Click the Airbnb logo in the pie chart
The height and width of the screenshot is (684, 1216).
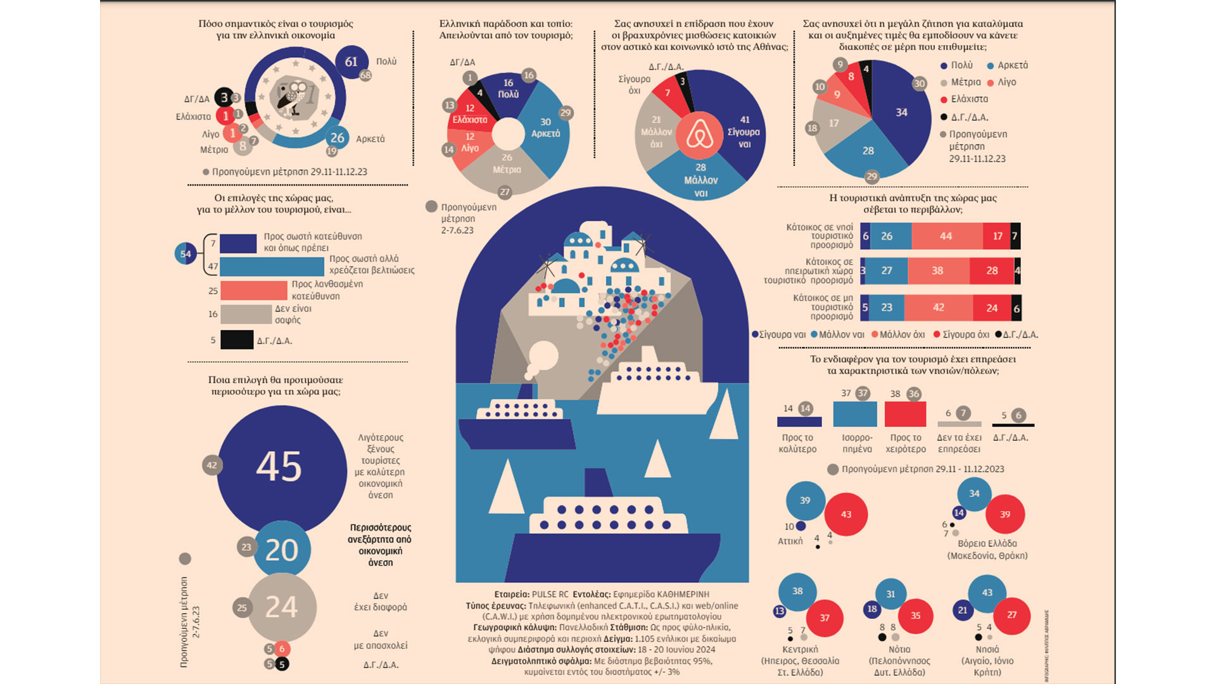tap(699, 135)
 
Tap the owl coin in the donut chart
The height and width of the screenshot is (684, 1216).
tap(294, 98)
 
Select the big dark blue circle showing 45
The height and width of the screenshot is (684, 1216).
tap(280, 467)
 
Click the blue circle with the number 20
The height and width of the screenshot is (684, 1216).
tap(282, 550)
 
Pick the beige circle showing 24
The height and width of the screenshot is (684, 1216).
tap(281, 607)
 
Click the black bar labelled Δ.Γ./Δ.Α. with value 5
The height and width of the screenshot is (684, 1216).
tap(237, 340)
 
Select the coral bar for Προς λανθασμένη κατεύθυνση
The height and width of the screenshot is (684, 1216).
tap(253, 291)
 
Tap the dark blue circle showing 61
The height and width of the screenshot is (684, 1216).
tap(351, 62)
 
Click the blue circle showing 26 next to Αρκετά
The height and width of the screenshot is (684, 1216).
tap(338, 137)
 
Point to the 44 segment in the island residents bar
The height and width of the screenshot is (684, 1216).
tap(946, 236)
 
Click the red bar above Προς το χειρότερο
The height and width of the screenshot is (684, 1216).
tap(905, 414)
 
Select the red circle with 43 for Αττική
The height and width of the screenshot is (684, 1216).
tap(846, 514)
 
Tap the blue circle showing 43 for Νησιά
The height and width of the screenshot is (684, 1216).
tap(987, 593)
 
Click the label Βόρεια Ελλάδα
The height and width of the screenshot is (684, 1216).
tap(987, 543)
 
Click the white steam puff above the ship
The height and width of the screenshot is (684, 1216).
tap(542, 357)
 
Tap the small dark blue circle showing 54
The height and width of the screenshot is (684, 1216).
tap(186, 254)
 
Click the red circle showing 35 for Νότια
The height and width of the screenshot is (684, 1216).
tap(915, 616)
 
